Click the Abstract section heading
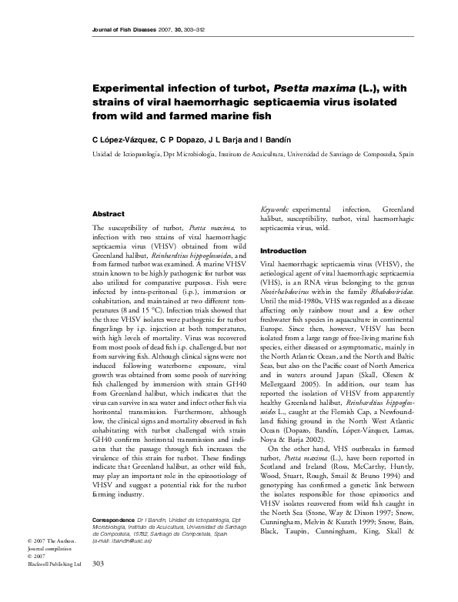(x=109, y=213)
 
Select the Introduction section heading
(x=284, y=251)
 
